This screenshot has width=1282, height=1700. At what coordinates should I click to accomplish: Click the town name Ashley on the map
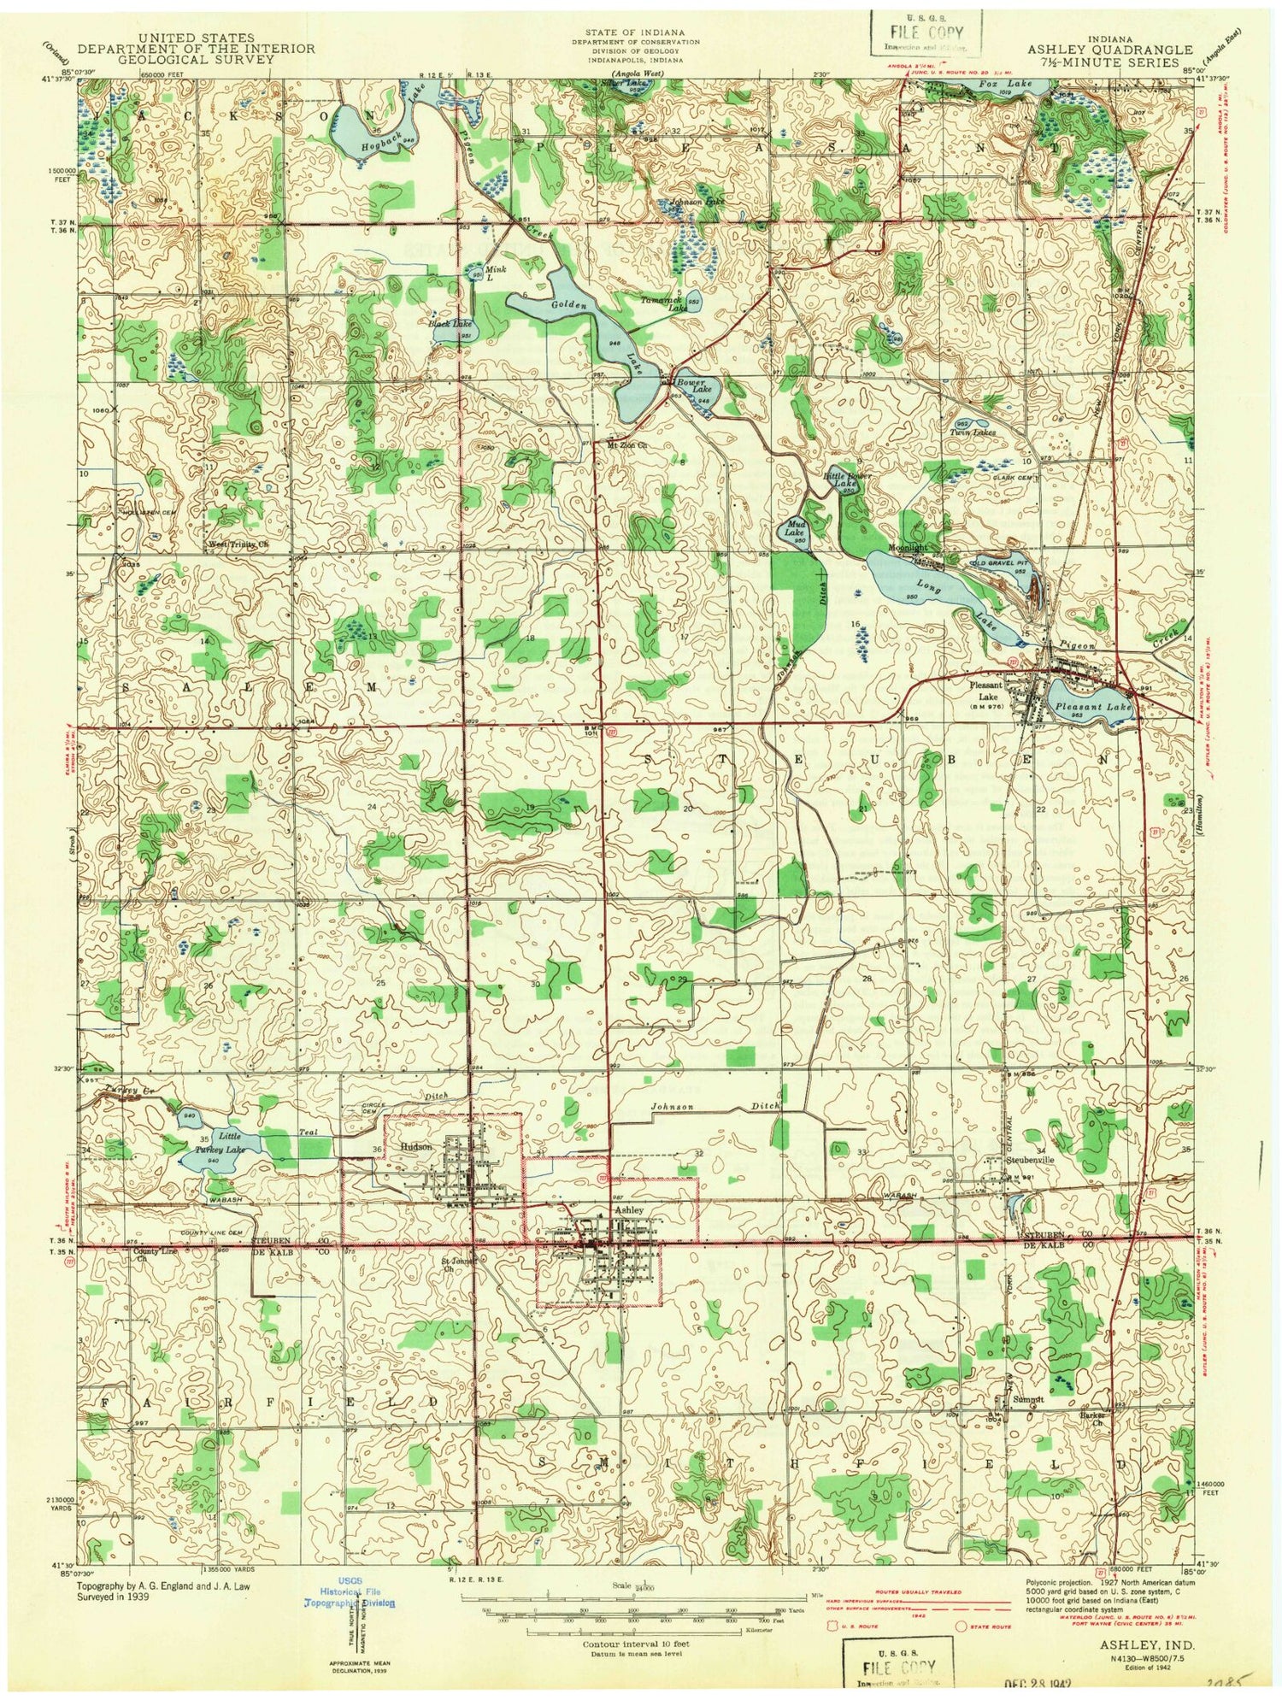point(628,1210)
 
